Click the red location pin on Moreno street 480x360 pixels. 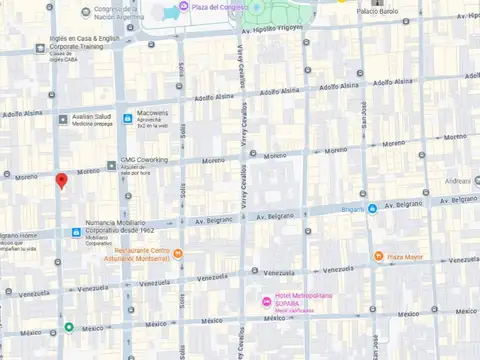(62, 181)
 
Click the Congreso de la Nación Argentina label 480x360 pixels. (112, 14)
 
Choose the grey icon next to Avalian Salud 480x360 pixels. (63, 119)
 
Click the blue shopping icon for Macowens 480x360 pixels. (127, 119)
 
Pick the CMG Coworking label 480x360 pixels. (144, 159)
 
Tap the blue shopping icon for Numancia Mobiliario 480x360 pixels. (77, 232)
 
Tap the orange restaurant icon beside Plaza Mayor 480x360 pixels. (378, 256)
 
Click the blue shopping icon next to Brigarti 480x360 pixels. (372, 208)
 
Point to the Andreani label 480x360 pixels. (459, 181)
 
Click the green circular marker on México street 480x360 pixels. (68, 327)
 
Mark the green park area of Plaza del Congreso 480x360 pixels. (262, 18)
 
